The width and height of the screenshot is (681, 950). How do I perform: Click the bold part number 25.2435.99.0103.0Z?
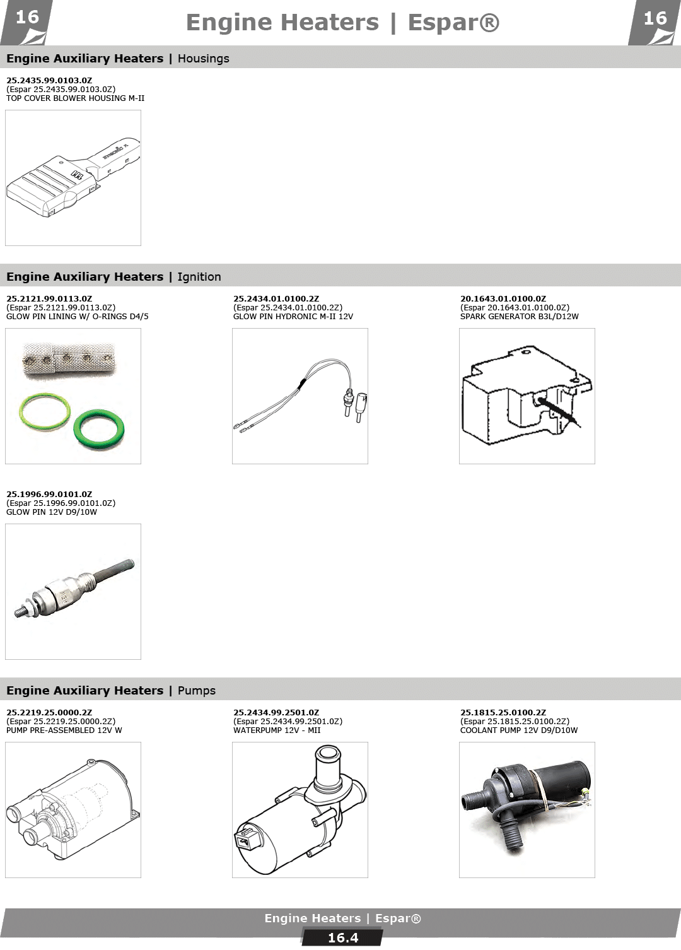(x=49, y=80)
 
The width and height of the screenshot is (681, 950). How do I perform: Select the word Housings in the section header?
(x=204, y=59)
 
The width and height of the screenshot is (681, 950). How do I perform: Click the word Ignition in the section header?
(x=199, y=276)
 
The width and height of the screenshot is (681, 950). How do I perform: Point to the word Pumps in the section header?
(x=197, y=691)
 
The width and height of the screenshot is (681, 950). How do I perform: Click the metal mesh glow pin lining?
(x=69, y=358)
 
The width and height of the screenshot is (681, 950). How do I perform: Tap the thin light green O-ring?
(x=45, y=411)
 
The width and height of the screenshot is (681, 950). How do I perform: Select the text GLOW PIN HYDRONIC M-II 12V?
(x=293, y=317)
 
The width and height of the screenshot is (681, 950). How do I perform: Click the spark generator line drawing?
(x=527, y=395)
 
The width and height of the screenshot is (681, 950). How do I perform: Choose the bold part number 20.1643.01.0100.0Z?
(x=503, y=298)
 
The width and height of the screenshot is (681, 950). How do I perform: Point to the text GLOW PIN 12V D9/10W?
(x=52, y=512)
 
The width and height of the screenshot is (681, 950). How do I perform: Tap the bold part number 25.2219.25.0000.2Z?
(x=49, y=713)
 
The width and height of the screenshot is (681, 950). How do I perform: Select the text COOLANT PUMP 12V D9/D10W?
(x=519, y=730)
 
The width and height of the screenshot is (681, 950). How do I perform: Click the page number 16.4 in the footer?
(x=343, y=938)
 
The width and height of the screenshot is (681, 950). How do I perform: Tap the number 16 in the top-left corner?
(x=27, y=18)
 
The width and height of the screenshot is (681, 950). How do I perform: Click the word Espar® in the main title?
(x=454, y=23)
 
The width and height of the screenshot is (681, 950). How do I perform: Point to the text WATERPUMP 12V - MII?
(x=277, y=730)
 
